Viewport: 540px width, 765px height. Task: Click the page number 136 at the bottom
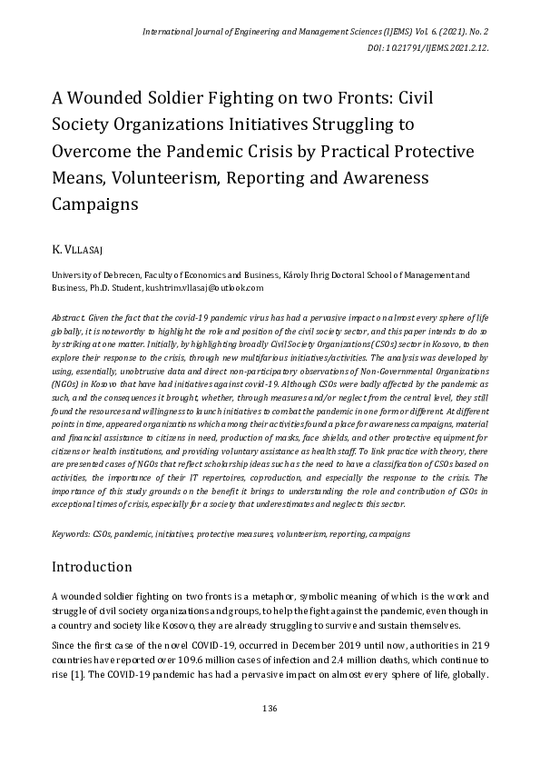(270, 708)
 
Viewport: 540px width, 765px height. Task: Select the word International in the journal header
(172, 31)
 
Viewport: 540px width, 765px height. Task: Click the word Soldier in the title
(182, 99)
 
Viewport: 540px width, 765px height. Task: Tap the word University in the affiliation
(74, 273)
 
